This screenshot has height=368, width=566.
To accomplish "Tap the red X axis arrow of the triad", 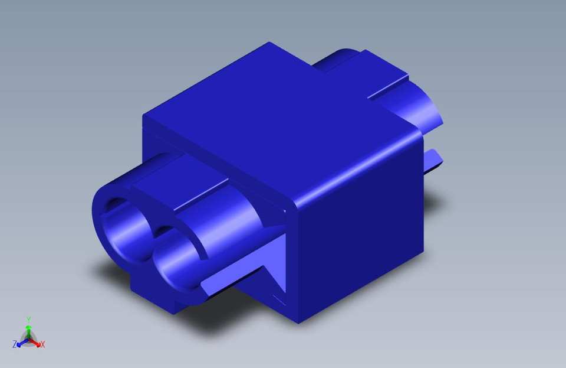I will (x=37, y=343).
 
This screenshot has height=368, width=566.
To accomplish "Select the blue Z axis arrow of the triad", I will (x=21, y=343).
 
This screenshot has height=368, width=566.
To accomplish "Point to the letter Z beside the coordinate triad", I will (x=14, y=344).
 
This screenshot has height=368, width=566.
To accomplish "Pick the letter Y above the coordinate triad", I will (x=28, y=319).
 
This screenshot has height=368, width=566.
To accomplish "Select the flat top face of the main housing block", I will (x=277, y=118).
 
